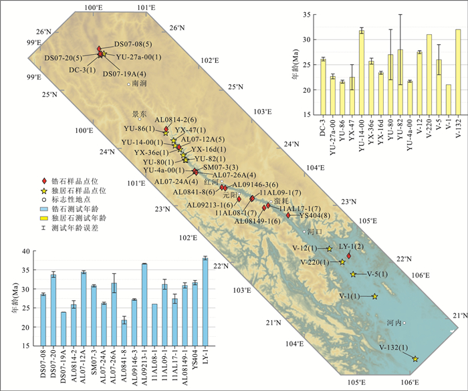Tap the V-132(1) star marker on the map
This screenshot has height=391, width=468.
(415, 359)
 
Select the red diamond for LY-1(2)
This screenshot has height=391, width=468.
(348, 255)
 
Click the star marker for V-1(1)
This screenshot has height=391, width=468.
(374, 296)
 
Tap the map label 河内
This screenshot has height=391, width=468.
(394, 322)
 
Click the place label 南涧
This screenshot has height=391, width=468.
(139, 84)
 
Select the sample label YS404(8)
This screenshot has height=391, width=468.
(314, 215)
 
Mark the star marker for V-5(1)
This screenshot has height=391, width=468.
(353, 274)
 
